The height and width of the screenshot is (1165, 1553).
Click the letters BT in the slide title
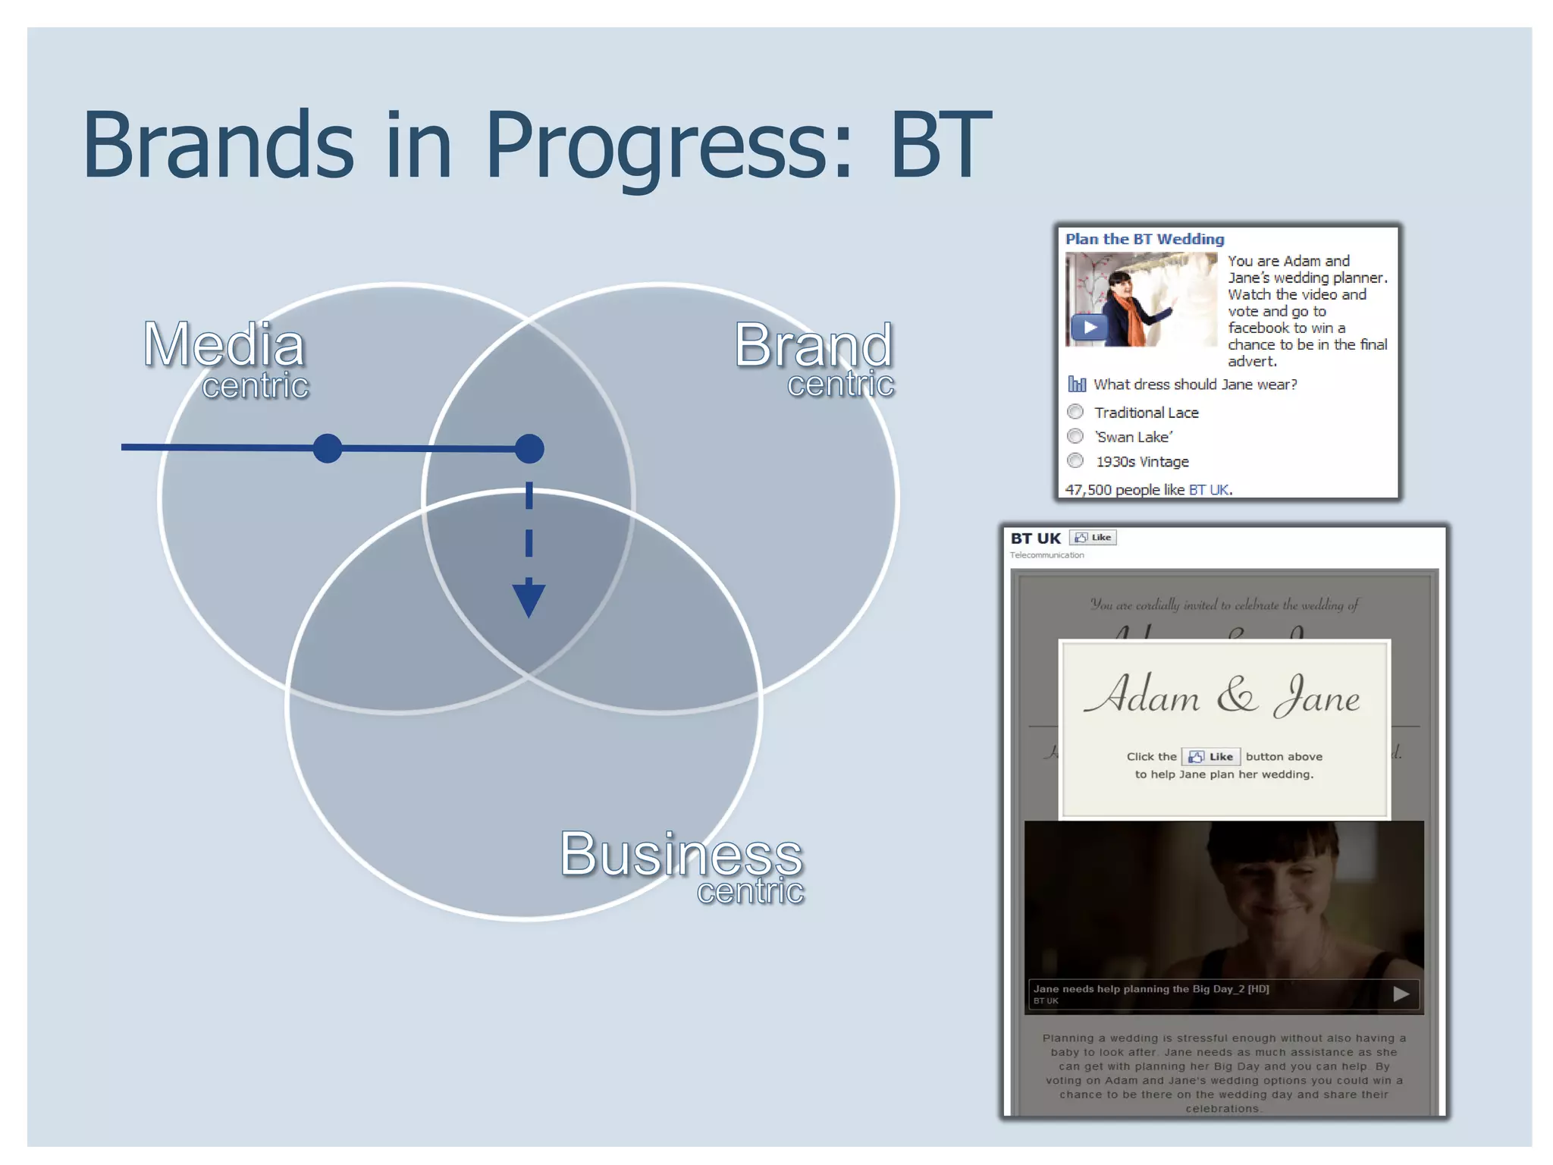pos(940,146)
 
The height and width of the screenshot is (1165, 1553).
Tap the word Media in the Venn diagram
pos(224,345)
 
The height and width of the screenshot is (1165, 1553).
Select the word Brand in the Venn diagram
pos(813,345)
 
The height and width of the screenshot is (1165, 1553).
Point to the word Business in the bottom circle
pos(680,854)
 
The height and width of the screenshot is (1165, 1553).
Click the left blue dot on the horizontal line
pos(328,448)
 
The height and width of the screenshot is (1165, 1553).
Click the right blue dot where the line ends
pos(529,448)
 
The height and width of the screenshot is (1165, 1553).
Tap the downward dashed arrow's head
pos(529,598)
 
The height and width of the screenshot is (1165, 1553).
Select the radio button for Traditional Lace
pos(1075,412)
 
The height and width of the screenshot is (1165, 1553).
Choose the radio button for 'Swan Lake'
pos(1075,436)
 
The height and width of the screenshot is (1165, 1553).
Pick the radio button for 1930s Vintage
pos(1075,460)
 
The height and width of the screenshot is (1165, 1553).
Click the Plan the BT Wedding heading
pos(1144,239)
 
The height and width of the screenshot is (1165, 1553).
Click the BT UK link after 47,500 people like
pos(1209,490)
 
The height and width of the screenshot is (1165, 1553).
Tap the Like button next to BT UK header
pos(1093,538)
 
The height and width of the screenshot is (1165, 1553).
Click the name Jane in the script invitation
pos(1318,696)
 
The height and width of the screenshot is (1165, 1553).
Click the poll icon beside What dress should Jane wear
pos(1076,384)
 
